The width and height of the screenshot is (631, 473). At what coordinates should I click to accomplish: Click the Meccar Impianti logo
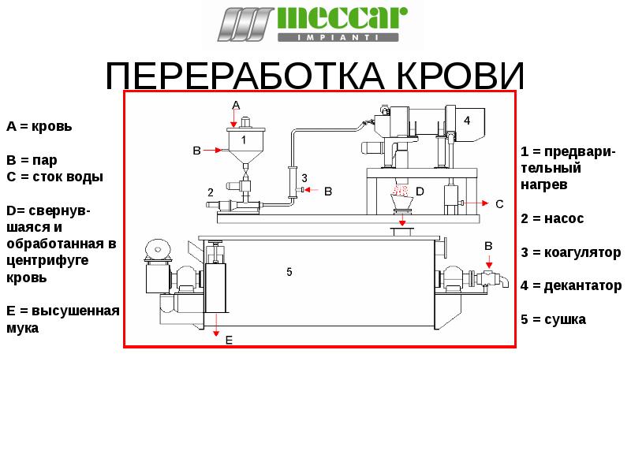(313, 24)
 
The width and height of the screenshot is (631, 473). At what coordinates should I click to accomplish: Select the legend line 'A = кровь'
(39, 126)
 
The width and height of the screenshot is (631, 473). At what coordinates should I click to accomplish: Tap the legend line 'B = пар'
(32, 159)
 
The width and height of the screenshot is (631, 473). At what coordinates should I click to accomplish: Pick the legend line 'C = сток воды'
(54, 177)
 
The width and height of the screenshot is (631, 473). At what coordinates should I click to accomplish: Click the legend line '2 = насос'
(552, 218)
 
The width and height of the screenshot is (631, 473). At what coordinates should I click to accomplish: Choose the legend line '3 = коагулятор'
(570, 252)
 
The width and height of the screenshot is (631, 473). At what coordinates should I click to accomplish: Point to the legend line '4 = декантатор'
(571, 285)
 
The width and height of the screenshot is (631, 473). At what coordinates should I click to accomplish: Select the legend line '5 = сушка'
(553, 320)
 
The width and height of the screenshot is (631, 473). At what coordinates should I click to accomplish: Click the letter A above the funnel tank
(235, 105)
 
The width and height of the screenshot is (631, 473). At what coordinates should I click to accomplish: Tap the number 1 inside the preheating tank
(244, 140)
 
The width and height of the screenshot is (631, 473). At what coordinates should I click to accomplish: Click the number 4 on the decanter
(467, 121)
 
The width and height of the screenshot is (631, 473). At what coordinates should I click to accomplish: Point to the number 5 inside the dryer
(289, 272)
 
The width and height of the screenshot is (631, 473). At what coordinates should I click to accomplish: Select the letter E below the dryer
(229, 340)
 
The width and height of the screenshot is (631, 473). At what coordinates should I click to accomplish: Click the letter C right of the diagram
(498, 203)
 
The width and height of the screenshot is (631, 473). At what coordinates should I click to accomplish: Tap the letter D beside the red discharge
(420, 192)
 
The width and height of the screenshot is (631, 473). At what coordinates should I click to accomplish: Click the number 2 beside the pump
(211, 192)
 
